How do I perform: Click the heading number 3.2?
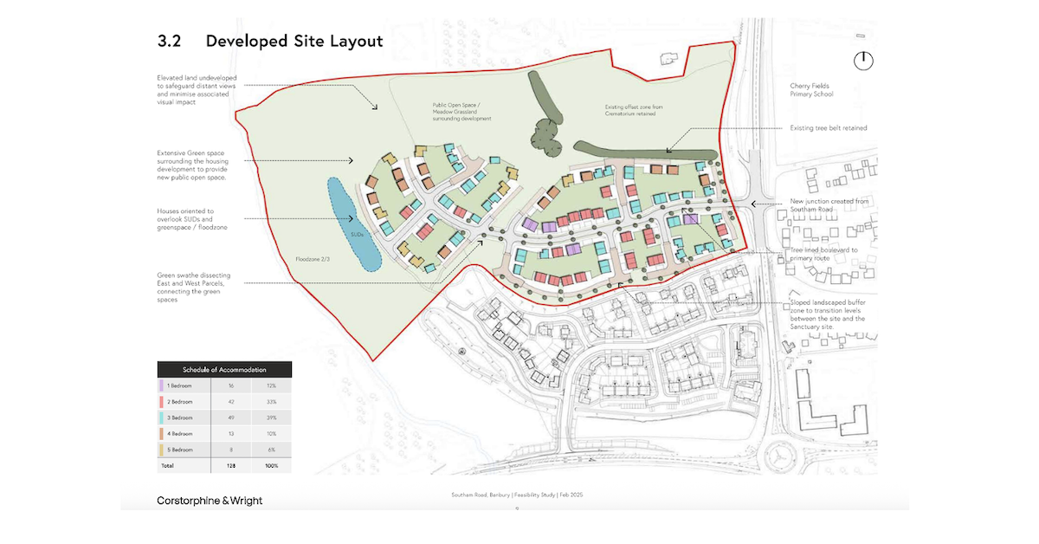[x=171, y=41]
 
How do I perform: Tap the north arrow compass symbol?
[x=862, y=61]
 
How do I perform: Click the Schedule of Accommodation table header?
[x=224, y=370]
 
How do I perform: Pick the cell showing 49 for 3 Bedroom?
[x=230, y=418]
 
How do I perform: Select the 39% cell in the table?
[x=271, y=418]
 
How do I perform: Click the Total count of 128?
[x=230, y=465]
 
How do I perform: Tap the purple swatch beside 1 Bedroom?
[x=162, y=386]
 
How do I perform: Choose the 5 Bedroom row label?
[x=181, y=450]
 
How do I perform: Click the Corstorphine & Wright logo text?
[x=210, y=501]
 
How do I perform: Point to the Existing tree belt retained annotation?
[x=828, y=128]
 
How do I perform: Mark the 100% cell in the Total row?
[x=271, y=465]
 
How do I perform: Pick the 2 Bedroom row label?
[x=181, y=402]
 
